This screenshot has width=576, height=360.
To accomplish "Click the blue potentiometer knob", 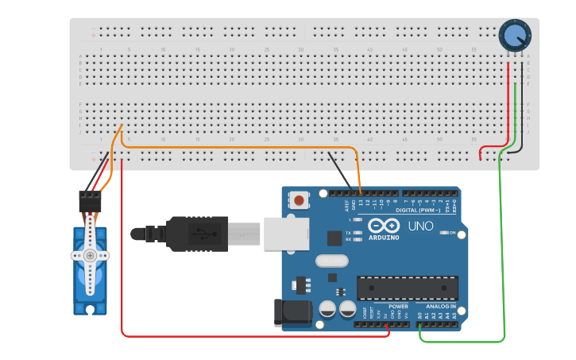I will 515,35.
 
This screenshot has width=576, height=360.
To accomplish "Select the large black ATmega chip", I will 408,288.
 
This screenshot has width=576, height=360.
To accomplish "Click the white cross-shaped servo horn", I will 90,255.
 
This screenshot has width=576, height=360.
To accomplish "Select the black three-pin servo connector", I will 90,201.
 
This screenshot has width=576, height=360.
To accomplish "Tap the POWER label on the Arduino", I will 398,306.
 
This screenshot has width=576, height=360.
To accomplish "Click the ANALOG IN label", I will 441,306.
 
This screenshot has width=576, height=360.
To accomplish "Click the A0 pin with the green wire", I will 419,323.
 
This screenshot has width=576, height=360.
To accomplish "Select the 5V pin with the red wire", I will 388,323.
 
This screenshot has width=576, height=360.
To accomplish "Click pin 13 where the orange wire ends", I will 361,192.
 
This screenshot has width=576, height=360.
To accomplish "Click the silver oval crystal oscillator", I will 331,261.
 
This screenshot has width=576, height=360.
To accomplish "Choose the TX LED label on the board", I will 349,232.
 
